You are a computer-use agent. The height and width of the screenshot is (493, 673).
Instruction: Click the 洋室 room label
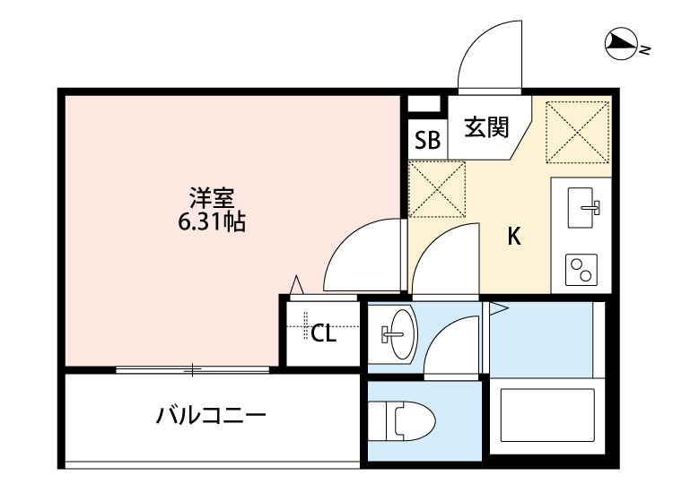click(212, 195)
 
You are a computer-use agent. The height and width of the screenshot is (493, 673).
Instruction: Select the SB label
click(427, 140)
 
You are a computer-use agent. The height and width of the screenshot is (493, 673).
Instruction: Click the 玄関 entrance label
click(485, 128)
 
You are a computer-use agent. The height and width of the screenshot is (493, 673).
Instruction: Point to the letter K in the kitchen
click(515, 237)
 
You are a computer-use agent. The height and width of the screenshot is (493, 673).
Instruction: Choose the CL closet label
click(323, 334)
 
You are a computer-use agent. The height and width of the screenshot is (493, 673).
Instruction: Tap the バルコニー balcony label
click(212, 416)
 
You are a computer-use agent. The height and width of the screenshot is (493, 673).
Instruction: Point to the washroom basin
click(395, 334)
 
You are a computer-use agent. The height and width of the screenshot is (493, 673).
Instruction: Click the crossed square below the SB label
click(437, 188)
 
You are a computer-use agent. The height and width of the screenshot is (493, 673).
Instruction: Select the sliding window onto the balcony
click(192, 368)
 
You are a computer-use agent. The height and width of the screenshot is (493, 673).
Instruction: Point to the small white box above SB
click(422, 102)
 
